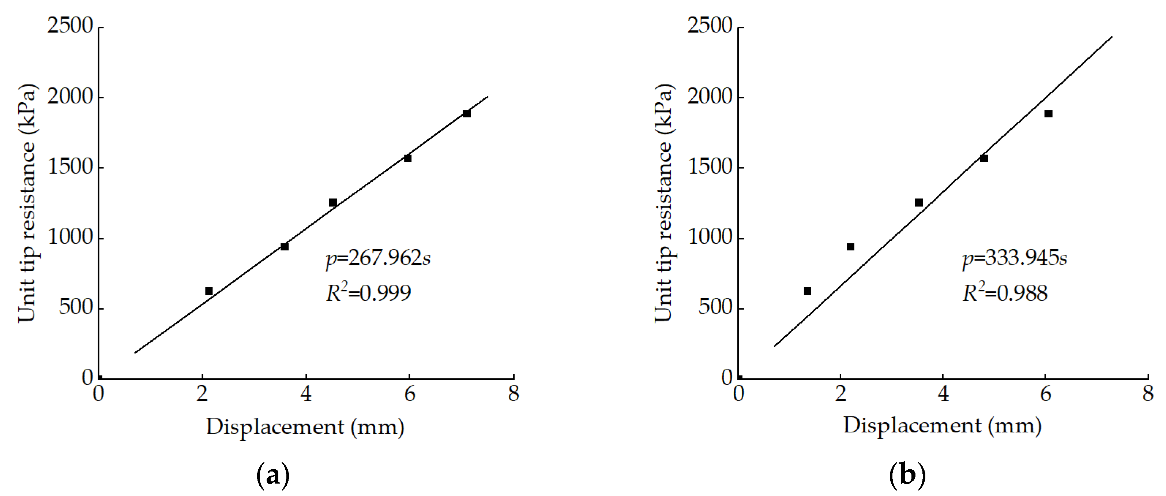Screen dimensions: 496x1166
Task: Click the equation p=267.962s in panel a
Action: point(378,259)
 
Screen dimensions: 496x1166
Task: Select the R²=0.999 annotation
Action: point(368,293)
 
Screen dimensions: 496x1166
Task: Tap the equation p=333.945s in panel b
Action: point(1014,259)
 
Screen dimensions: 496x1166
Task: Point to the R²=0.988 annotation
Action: point(1005,293)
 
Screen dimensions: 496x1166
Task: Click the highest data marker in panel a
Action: point(467,114)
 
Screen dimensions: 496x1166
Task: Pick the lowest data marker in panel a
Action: point(209,291)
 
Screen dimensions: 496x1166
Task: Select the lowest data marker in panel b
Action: point(808,291)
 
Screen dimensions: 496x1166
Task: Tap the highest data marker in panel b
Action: point(1048,114)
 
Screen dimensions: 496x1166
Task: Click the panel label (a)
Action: point(273,475)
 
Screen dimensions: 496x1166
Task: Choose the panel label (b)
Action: point(907,475)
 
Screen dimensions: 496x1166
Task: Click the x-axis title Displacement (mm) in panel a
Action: point(305,427)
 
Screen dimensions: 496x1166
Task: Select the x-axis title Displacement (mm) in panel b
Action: point(942,426)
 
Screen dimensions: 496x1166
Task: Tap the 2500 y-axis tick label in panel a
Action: point(70,27)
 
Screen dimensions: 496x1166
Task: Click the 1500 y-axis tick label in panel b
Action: point(709,167)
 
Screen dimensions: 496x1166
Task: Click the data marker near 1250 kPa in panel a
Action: point(333,202)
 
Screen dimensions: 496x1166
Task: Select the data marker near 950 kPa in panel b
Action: point(850,247)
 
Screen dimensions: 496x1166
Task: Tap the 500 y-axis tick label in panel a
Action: point(76,308)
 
